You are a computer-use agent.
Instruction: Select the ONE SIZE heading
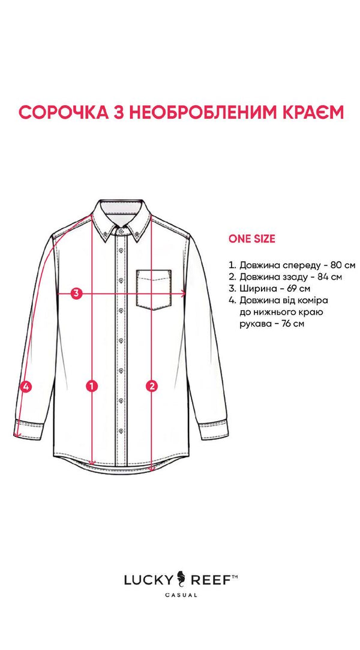point(251,239)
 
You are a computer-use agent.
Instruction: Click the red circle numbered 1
point(92,387)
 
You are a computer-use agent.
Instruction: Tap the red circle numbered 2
point(152,387)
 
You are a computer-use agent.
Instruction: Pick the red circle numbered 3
point(76,293)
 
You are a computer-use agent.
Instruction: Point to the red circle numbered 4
point(26,387)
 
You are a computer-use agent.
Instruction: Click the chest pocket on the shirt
point(154,290)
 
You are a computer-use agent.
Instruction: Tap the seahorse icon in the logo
point(181,579)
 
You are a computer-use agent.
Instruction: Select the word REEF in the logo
point(208,580)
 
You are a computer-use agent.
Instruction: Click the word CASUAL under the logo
point(181,595)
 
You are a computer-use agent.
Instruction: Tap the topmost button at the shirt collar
point(121,230)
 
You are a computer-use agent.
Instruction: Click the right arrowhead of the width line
point(183,294)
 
